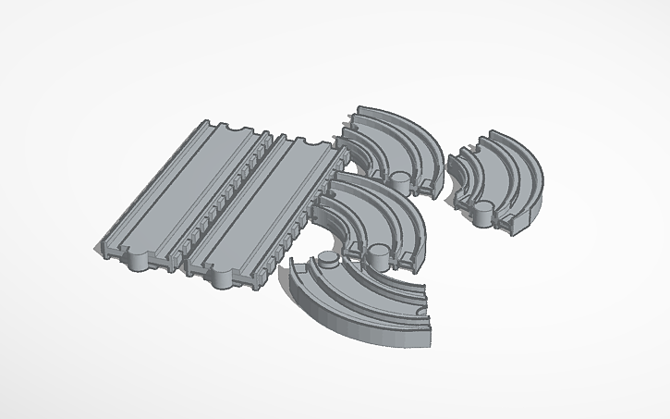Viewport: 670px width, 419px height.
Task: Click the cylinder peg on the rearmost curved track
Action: coord(399,179)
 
